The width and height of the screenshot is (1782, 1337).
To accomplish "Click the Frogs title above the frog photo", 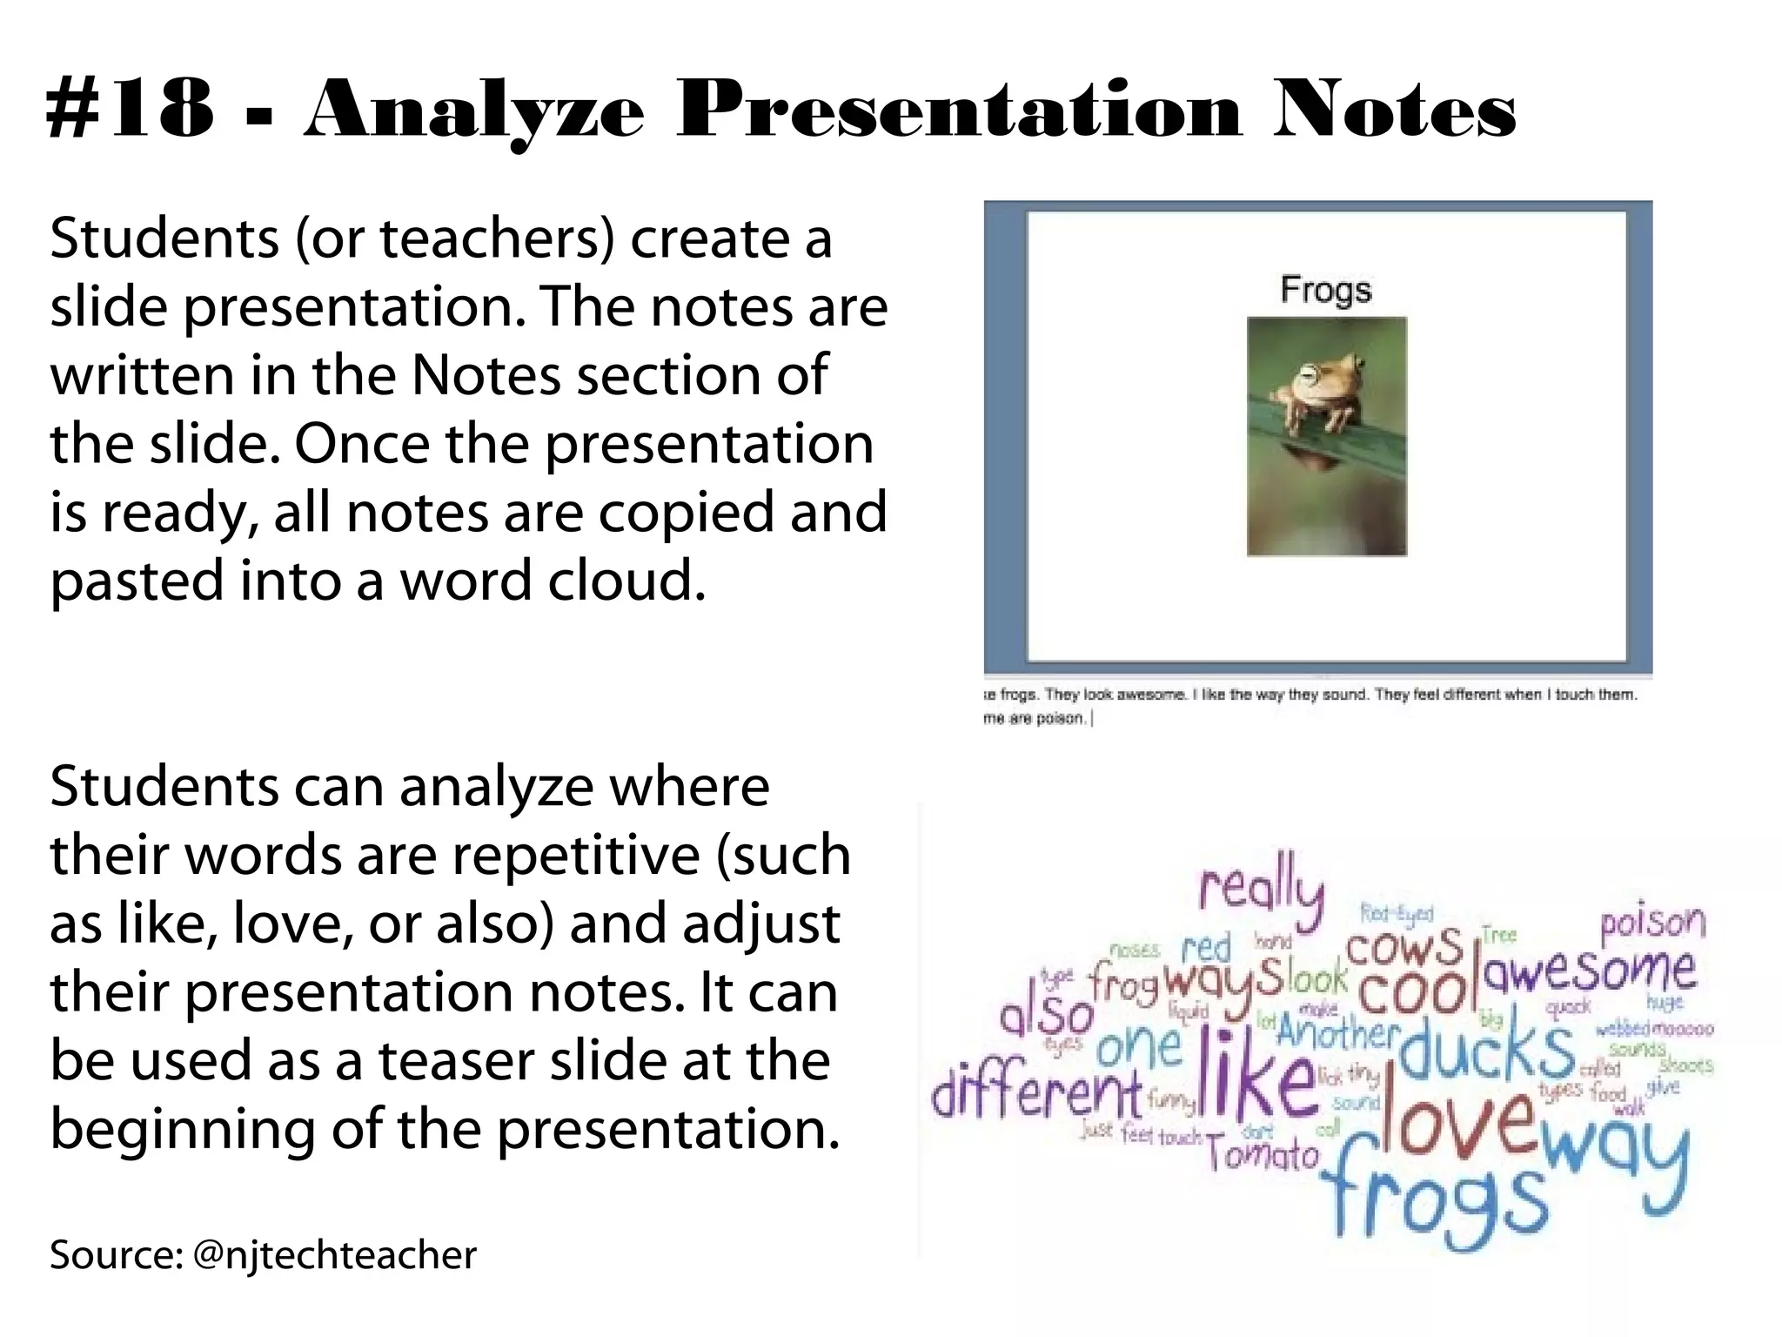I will point(1325,289).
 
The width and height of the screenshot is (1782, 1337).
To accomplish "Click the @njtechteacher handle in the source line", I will point(334,1254).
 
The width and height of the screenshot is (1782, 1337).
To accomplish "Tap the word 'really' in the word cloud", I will point(1262,888).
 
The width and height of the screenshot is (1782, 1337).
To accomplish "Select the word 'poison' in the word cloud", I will point(1652,923).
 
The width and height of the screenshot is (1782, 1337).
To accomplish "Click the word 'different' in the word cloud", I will point(1035,1092).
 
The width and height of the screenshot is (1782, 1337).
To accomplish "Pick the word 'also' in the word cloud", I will point(1046,1015).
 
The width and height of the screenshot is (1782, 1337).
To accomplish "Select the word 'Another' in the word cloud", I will point(1338,1032).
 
